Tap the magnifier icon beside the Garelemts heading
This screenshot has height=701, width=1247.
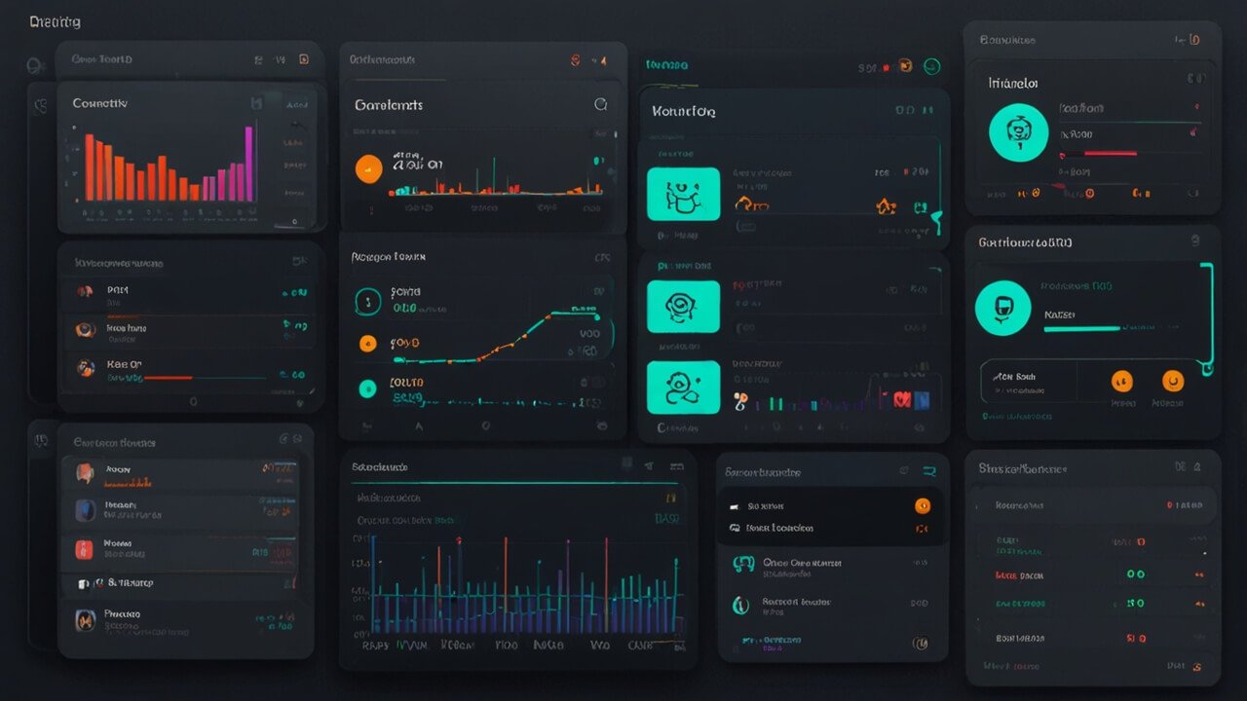point(600,104)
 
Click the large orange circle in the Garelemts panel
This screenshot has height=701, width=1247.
point(368,168)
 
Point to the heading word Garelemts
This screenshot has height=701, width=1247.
point(389,105)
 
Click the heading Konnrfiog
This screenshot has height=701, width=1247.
point(684,112)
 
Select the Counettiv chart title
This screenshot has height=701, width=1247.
point(99,103)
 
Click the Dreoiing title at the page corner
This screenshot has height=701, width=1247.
point(55,21)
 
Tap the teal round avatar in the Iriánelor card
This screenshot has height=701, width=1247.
point(1018,131)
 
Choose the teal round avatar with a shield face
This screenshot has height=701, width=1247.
point(1002,309)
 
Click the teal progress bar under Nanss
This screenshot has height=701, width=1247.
point(1081,329)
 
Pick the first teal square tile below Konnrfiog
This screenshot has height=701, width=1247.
point(683,194)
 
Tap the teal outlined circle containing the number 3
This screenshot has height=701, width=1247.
point(367,303)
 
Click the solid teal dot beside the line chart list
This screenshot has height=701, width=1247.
point(367,388)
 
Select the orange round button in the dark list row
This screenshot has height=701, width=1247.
point(922,505)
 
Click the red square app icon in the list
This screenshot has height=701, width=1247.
point(85,549)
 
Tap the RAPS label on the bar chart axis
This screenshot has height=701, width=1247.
point(375,645)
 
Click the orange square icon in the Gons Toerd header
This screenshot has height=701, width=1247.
point(304,59)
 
